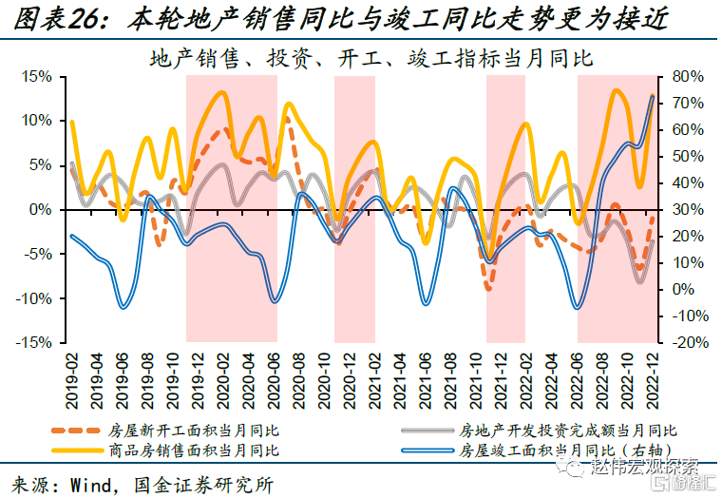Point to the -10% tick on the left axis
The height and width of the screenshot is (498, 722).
(38, 298)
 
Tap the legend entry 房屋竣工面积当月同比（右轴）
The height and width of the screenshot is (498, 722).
(567, 449)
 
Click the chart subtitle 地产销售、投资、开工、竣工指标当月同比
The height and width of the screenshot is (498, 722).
(371, 58)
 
